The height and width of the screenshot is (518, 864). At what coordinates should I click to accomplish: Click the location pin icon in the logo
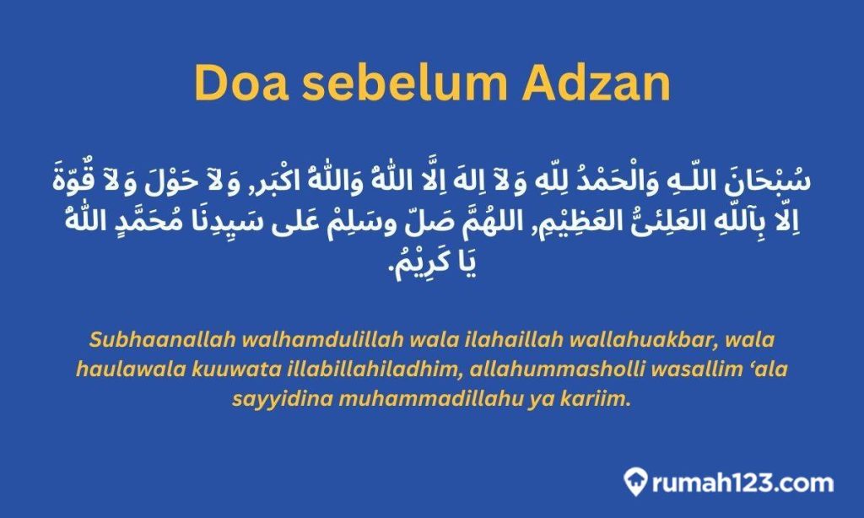(x=634, y=483)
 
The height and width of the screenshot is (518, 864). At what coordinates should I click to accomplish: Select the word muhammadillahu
(x=415, y=399)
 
